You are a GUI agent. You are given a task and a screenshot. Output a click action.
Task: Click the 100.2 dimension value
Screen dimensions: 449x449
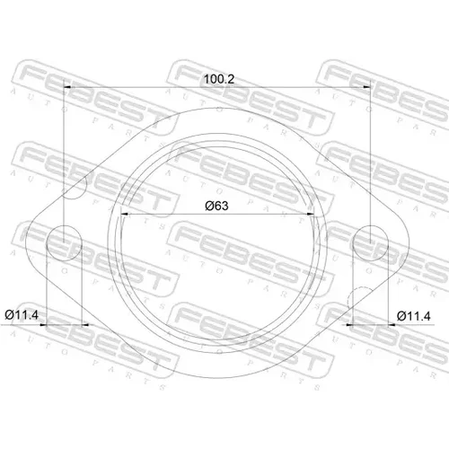click(x=219, y=79)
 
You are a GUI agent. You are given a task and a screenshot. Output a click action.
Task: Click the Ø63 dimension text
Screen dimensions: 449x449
click(x=216, y=206)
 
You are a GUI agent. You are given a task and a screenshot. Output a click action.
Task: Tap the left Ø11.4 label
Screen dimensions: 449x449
click(x=22, y=315)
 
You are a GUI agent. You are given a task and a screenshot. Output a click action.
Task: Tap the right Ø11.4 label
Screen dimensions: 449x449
click(x=414, y=316)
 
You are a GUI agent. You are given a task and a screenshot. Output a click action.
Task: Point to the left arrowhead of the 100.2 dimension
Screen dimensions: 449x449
click(x=67, y=87)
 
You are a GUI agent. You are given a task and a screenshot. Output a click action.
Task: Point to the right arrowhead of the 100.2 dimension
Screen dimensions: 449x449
click(x=366, y=87)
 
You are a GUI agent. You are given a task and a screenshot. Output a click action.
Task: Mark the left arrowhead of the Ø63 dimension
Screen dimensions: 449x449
click(x=124, y=214)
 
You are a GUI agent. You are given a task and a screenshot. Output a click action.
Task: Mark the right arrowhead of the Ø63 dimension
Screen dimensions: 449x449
click(x=311, y=214)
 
